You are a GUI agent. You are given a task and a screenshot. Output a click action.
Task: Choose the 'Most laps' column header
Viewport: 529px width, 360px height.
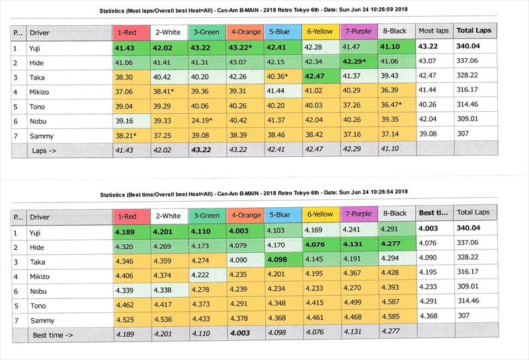pyautogui.click(x=434, y=32)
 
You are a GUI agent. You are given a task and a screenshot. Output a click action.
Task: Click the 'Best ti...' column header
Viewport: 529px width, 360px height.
pyautogui.click(x=434, y=214)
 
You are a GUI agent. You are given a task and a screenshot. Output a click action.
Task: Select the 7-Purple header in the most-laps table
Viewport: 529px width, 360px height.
pyautogui.click(x=358, y=32)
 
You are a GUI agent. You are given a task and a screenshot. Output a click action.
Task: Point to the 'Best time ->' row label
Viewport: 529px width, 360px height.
pyautogui.click(x=52, y=336)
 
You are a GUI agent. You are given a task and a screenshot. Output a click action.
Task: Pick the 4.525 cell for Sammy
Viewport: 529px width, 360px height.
pyautogui.click(x=129, y=320)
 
